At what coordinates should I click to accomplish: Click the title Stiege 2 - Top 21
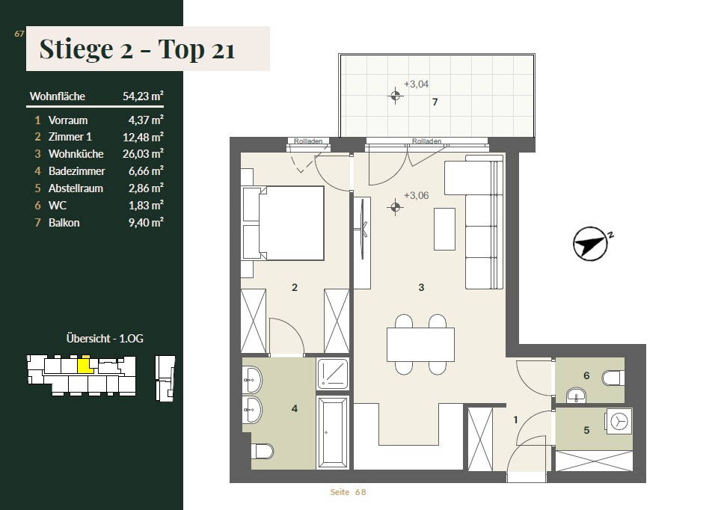click(x=137, y=49)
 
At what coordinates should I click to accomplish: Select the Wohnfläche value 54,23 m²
click(x=143, y=96)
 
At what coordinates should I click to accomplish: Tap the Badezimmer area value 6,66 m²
click(x=146, y=170)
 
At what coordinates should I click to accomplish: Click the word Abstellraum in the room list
click(x=76, y=188)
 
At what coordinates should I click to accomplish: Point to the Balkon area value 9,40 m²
click(x=146, y=222)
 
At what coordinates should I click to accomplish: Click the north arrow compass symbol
click(x=590, y=244)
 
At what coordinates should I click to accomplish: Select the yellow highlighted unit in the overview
click(x=85, y=365)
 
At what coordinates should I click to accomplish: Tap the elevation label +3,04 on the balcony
click(x=416, y=85)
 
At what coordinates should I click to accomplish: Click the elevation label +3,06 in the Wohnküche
click(x=416, y=195)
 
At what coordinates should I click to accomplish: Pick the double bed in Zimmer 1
click(x=283, y=223)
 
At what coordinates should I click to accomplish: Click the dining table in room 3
click(x=420, y=345)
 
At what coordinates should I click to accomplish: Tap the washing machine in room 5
click(x=619, y=421)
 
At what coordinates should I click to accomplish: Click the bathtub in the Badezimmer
click(x=333, y=432)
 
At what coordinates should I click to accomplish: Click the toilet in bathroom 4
click(x=262, y=451)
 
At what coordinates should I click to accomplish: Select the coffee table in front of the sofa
click(x=444, y=229)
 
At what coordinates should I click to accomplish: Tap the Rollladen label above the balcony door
click(x=427, y=141)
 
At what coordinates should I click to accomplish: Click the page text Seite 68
click(x=348, y=492)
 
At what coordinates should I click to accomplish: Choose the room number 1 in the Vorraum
click(x=515, y=420)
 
